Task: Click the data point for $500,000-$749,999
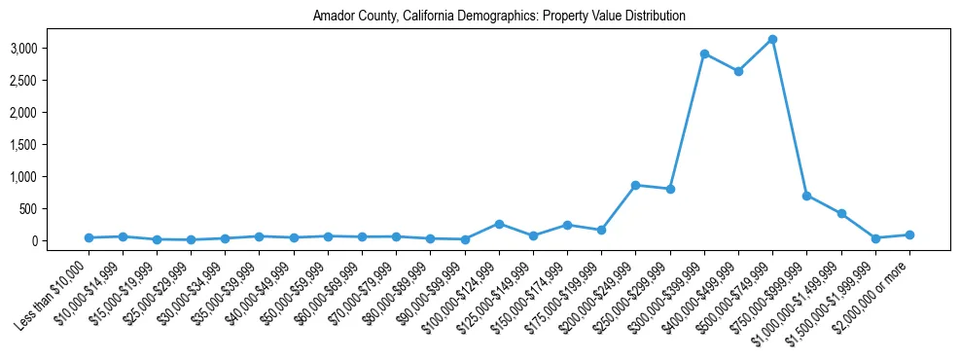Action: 772,39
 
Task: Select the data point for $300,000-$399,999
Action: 703,54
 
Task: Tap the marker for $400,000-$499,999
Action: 738,71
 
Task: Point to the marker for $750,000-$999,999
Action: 806,196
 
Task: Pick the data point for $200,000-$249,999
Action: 635,185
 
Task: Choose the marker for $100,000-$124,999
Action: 499,224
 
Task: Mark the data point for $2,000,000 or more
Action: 909,234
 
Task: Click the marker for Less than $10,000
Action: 89,237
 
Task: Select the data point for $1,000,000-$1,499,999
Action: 841,213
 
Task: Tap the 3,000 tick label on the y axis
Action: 51,49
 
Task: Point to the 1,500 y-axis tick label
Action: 51,145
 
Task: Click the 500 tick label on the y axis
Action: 56,209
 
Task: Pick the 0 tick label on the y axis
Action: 61,241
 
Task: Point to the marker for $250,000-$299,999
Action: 669,189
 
